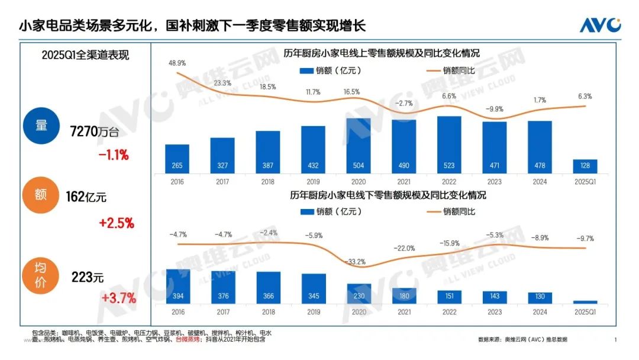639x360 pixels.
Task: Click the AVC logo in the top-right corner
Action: coord(600,25)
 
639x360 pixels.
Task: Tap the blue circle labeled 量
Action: coord(41,127)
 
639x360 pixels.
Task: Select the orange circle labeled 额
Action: coord(41,195)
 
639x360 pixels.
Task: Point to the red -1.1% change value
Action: coord(114,155)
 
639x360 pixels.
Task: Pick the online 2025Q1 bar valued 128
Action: coord(585,166)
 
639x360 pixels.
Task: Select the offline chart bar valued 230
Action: coord(359,294)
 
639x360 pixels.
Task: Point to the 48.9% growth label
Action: coord(177,62)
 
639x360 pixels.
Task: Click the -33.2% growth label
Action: coord(359,261)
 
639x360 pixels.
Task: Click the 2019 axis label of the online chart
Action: coord(313,182)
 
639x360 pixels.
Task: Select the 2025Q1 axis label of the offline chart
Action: coord(585,312)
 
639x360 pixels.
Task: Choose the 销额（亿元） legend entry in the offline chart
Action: coord(331,211)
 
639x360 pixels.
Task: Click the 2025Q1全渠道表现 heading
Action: coord(85,55)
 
